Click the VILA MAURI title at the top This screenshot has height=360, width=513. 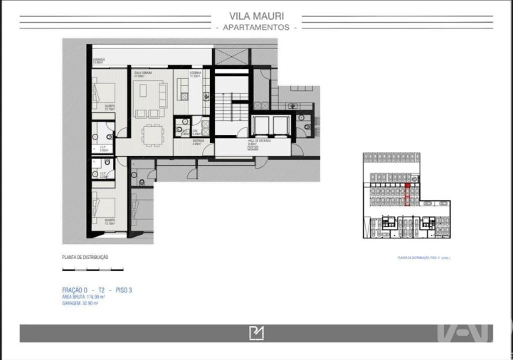[256, 15]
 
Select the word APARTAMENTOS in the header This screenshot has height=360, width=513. [256, 27]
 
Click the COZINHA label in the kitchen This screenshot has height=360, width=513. [195, 73]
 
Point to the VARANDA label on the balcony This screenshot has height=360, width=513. [98, 61]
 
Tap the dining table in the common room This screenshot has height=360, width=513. [152, 134]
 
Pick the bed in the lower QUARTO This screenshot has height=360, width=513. [105, 206]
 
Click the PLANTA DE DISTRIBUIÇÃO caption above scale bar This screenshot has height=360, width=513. [85, 258]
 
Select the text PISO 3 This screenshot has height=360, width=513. [122, 290]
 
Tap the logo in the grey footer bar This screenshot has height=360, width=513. [256, 333]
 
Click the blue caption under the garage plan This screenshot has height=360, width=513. [423, 258]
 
